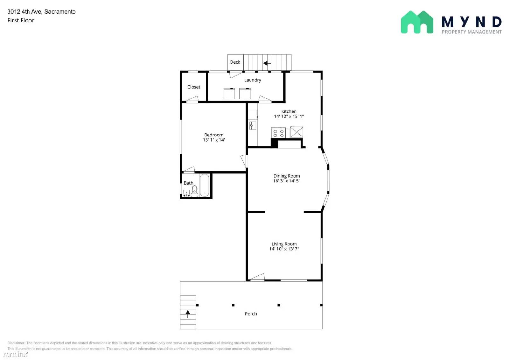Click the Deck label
tap(235, 62)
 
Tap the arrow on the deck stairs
tap(267, 63)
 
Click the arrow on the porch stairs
tap(188, 314)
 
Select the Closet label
tap(194, 87)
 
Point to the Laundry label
tap(253, 80)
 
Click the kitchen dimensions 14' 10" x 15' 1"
tap(289, 116)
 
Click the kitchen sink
tap(253, 125)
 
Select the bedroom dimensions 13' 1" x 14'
tap(214, 140)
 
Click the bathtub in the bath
tap(204, 185)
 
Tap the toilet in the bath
tap(194, 191)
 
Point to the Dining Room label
tap(287, 176)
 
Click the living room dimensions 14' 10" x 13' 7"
tap(284, 249)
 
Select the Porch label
tap(251, 314)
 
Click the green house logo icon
tap(417, 22)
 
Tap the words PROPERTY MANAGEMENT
tap(471, 32)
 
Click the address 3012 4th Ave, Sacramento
tap(41, 12)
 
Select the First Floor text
tap(21, 20)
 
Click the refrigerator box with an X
tap(296, 132)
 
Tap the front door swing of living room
tap(258, 278)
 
